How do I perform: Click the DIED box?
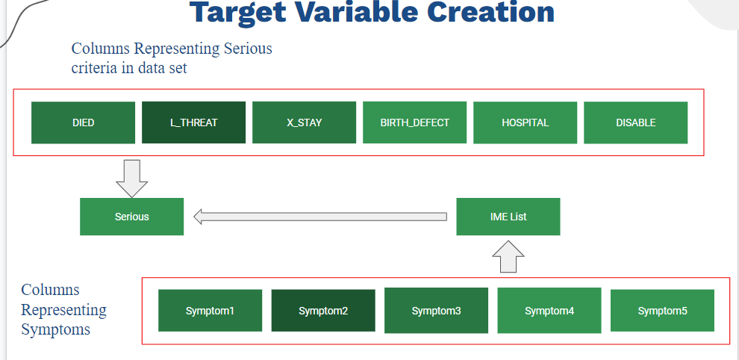[83, 122]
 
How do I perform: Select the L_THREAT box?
[193, 122]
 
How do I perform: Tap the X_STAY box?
[304, 122]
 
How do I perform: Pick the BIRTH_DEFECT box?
[415, 122]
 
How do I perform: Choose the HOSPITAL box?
[525, 122]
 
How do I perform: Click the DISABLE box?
[636, 122]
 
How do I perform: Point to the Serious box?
[131, 217]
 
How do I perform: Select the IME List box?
[508, 217]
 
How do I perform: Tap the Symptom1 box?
[211, 311]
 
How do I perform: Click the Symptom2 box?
[323, 311]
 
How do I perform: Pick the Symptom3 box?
[437, 311]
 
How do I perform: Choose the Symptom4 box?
[549, 311]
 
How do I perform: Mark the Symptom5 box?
[663, 311]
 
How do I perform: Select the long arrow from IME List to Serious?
[320, 217]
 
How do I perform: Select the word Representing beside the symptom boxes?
[63, 310]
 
